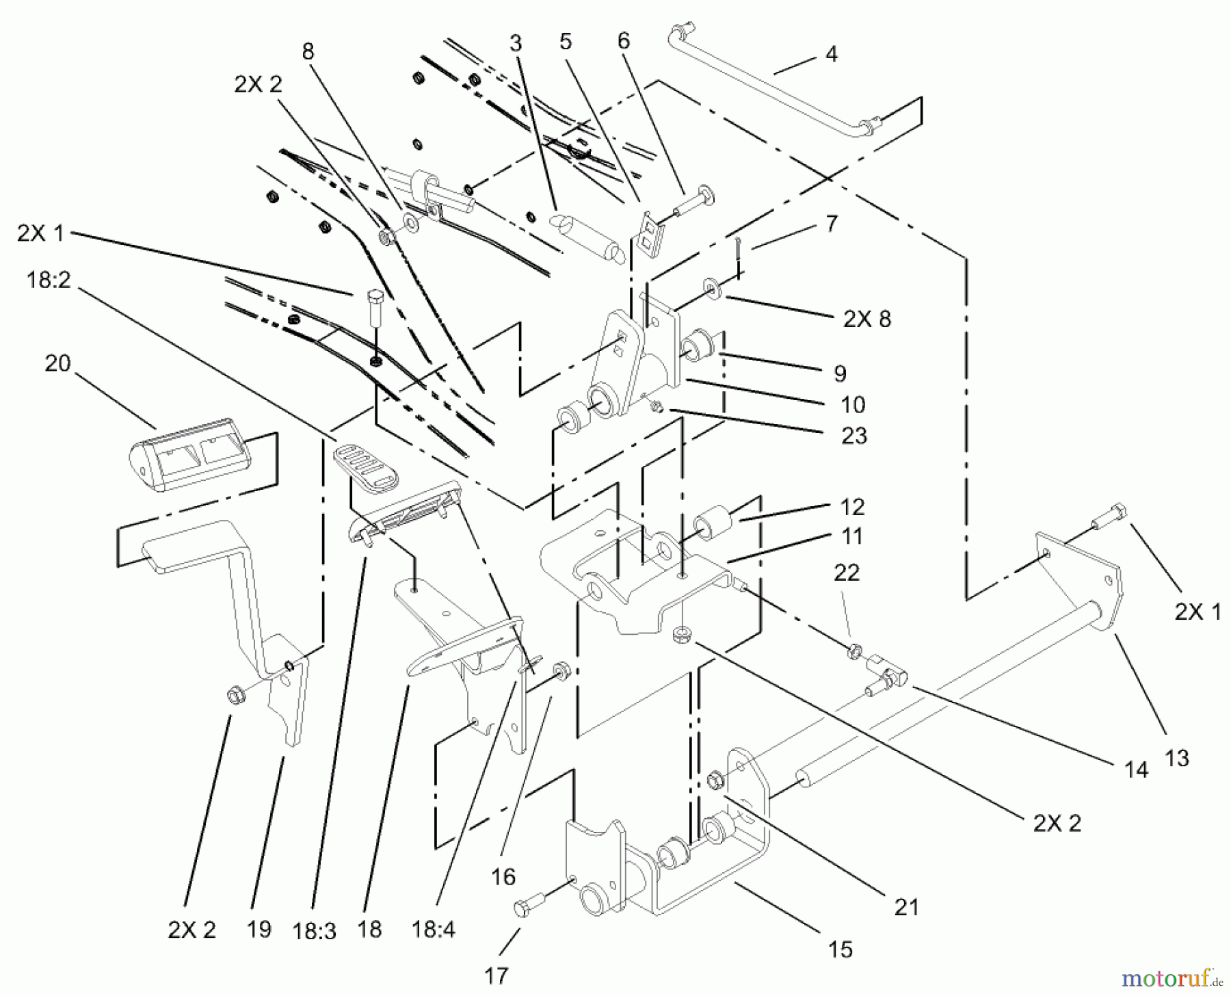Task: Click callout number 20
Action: (57, 363)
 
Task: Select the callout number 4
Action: (831, 54)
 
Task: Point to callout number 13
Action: (1176, 758)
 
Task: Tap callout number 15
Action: (840, 949)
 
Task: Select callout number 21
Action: (906, 907)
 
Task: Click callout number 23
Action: (854, 436)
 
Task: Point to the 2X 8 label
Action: (867, 319)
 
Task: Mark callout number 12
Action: (853, 507)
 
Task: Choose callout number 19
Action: (259, 929)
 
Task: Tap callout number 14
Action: (1136, 770)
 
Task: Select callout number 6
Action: (623, 41)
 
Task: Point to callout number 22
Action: (846, 573)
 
